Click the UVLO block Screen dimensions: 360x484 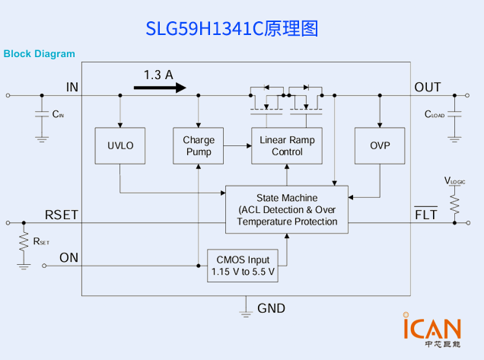[120, 145]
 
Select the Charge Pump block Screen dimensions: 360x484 [199, 145]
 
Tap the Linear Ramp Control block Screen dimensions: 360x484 [287, 145]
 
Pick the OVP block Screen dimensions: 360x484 [380, 145]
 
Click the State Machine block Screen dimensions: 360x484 [287, 209]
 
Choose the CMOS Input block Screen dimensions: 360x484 [243, 266]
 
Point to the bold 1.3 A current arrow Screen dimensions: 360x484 [160, 88]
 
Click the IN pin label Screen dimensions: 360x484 [72, 88]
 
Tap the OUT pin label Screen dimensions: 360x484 [427, 88]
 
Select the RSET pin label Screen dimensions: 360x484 [62, 215]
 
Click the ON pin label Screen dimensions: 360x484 [68, 257]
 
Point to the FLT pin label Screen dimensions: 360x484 [425, 215]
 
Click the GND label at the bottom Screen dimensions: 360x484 [271, 308]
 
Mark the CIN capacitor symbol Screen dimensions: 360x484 [43, 116]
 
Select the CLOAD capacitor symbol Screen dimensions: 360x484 [455, 115]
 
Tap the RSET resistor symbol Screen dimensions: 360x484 [24, 242]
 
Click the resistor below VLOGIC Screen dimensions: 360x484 [455, 203]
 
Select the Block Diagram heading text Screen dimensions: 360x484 [40, 53]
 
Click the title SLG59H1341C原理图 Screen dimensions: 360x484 [231, 28]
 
